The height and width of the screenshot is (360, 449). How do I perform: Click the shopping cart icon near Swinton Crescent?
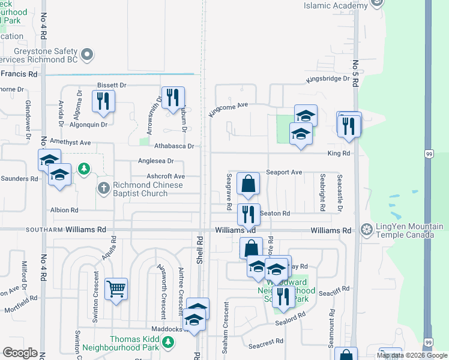pyautogui.click(x=115, y=289)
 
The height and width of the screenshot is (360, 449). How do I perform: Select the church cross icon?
pyautogui.click(x=103, y=188)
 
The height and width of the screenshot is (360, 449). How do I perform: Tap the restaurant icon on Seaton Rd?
pyautogui.click(x=248, y=213)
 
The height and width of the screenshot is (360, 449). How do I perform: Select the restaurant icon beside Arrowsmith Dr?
pyautogui.click(x=173, y=97)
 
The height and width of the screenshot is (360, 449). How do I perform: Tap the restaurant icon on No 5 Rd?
pyautogui.click(x=348, y=126)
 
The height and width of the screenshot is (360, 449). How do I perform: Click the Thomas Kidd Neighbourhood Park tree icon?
pyautogui.click(x=169, y=343)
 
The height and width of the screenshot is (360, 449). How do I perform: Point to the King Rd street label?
pyautogui.click(x=339, y=154)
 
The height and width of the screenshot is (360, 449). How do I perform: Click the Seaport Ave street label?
pyautogui.click(x=284, y=172)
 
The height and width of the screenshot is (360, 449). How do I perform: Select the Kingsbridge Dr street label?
pyautogui.click(x=327, y=79)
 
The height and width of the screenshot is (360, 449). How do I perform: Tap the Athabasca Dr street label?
pyautogui.click(x=175, y=146)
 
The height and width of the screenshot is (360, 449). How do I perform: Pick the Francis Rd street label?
pyautogui.click(x=19, y=74)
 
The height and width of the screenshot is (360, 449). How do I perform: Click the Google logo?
pyautogui.click(x=20, y=353)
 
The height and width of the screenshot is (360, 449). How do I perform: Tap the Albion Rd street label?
pyautogui.click(x=65, y=211)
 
